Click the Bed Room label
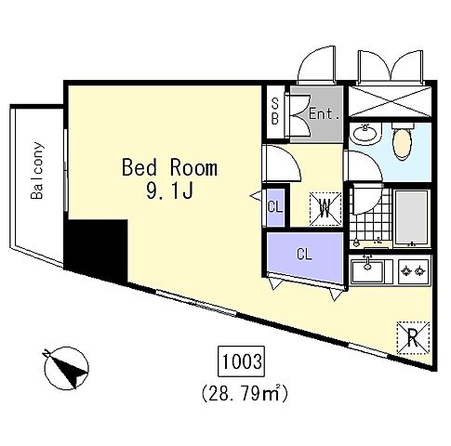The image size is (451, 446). (x=169, y=167)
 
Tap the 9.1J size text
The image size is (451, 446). (x=169, y=190)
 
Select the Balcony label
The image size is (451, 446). (x=37, y=170)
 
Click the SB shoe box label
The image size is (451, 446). (x=275, y=111)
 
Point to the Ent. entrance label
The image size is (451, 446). (x=325, y=114)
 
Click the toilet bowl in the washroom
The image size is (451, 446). (x=403, y=142)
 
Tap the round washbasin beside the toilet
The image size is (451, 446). (x=365, y=135)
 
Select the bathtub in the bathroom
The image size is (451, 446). (x=412, y=216)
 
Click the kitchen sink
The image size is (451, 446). (x=368, y=270)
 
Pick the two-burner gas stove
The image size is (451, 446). (x=414, y=271)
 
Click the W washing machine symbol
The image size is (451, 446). (x=325, y=209)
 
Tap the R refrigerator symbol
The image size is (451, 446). (x=413, y=337)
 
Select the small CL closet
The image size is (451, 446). (x=275, y=206)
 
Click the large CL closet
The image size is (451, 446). (x=305, y=255)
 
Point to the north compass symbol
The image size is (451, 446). (x=66, y=368)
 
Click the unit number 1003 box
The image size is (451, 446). (x=242, y=361)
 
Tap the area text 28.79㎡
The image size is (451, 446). (x=245, y=393)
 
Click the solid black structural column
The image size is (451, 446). (x=96, y=249)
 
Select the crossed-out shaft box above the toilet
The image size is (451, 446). (x=390, y=101)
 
